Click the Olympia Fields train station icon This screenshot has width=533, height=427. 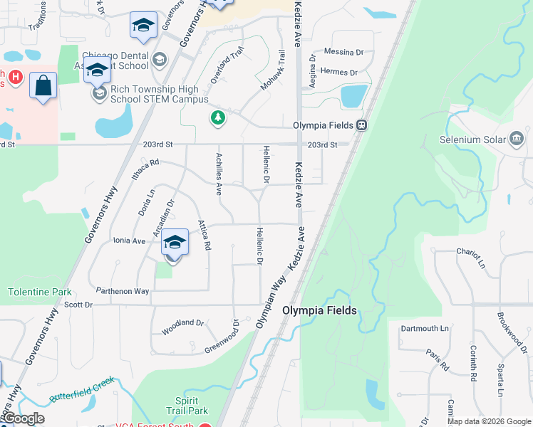click(362, 125)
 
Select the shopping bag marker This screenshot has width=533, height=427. click(43, 85)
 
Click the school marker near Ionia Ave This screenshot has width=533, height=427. click(175, 243)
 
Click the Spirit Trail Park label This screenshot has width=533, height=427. click(191, 406)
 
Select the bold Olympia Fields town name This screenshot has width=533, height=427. click(319, 310)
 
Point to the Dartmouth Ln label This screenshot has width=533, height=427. click(425, 328)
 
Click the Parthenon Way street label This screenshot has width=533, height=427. click(123, 291)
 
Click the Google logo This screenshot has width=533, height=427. click(23, 418)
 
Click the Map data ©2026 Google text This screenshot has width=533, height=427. click(489, 421)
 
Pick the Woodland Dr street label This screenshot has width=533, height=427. click(182, 324)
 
